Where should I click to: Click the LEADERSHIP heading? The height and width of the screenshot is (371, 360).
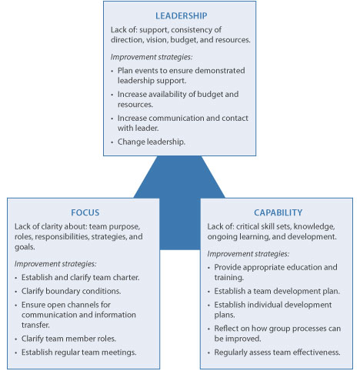point(181,15)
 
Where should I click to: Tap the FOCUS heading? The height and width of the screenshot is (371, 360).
point(84,212)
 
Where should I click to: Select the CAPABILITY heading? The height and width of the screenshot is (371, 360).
point(278,212)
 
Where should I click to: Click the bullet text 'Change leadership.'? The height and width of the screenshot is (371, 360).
point(152,142)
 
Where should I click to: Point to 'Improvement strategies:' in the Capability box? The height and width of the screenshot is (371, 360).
point(248,253)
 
